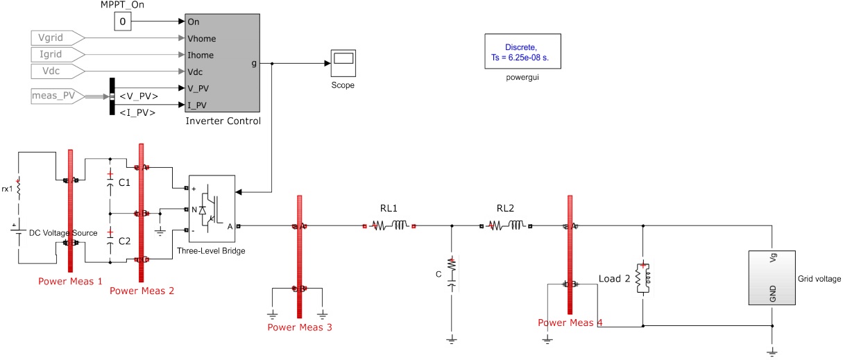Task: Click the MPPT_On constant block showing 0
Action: click(123, 22)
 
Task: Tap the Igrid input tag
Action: click(57, 54)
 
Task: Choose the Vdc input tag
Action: click(57, 71)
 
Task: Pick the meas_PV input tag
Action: click(57, 95)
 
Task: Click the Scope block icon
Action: click(341, 64)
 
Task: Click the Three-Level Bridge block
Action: click(212, 207)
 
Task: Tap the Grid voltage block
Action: click(770, 277)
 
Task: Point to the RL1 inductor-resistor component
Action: click(389, 225)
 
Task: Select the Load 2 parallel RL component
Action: click(643, 278)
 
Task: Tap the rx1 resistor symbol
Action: click(19, 188)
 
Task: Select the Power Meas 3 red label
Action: click(300, 327)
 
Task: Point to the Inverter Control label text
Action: click(223, 121)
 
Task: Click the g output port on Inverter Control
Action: click(254, 63)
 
